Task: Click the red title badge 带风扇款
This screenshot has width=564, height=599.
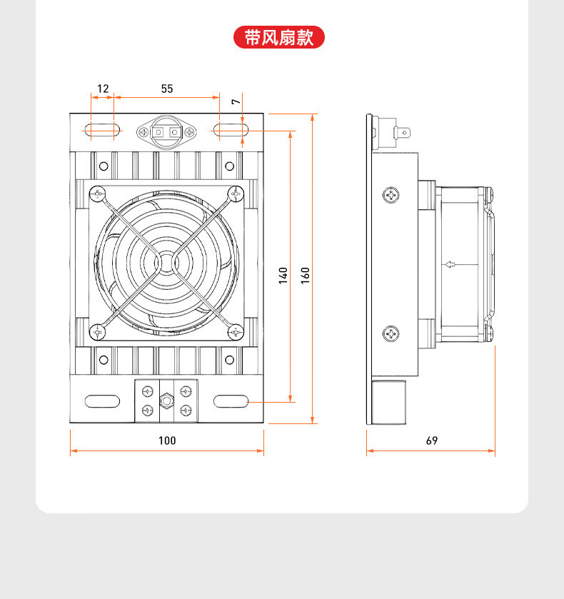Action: click(x=279, y=37)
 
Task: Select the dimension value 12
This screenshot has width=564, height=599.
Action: click(x=103, y=89)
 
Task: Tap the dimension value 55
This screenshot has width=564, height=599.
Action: click(x=166, y=89)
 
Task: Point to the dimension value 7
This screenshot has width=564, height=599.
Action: click(x=236, y=103)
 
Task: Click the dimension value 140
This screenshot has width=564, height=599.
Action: click(x=283, y=275)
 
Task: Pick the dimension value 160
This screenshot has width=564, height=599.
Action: click(x=305, y=275)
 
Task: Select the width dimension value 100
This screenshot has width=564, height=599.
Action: click(x=167, y=441)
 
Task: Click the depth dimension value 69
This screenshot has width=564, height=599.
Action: click(x=431, y=441)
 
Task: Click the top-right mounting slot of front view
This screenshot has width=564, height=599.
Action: click(x=230, y=131)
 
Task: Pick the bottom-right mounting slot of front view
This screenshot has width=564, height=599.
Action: click(x=230, y=401)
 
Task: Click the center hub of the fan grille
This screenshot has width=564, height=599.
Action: click(x=166, y=262)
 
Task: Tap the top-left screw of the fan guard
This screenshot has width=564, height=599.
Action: click(x=97, y=192)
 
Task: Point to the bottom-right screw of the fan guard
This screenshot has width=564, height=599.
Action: click(x=236, y=331)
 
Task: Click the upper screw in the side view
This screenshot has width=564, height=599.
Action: click(x=391, y=194)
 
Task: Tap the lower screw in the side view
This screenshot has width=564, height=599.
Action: click(x=391, y=332)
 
